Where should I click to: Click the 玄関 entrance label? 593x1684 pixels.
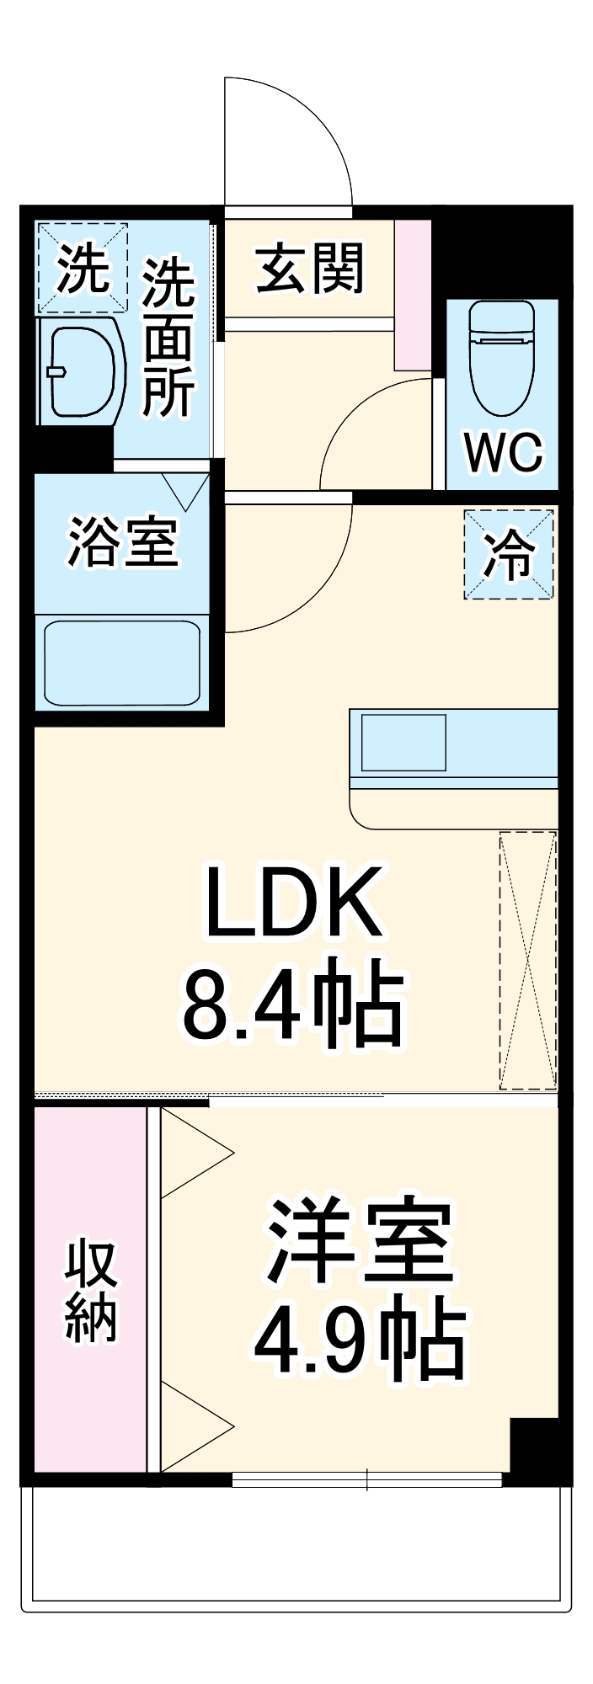pos(309,269)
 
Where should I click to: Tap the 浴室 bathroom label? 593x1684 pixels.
pos(123,542)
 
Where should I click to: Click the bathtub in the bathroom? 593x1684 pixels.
pos(122,663)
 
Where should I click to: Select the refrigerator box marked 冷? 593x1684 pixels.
pos(510,554)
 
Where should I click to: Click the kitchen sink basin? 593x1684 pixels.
pos(403,742)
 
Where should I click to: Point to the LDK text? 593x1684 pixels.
pos(293,903)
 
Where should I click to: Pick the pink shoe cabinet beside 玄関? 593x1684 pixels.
pos(413,295)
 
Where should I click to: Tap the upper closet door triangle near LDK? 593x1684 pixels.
pos(194,1154)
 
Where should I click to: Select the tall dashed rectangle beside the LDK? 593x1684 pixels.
pos(528,960)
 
